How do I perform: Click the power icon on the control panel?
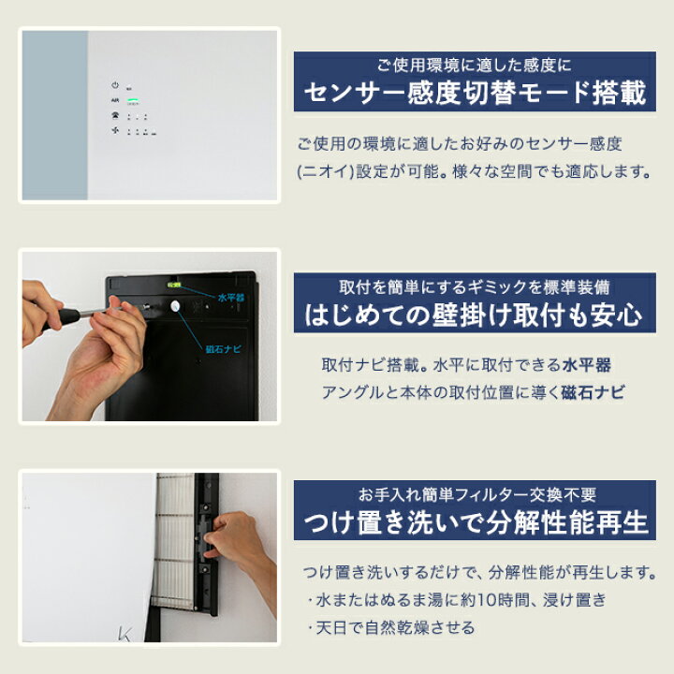(x=114, y=84)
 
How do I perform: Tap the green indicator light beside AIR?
(x=132, y=99)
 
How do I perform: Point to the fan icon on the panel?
(x=114, y=130)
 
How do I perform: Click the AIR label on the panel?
(x=114, y=99)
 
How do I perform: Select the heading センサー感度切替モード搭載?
(x=475, y=94)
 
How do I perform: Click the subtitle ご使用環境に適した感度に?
(x=475, y=66)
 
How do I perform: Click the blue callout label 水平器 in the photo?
(x=229, y=298)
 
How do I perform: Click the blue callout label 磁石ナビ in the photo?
(x=222, y=349)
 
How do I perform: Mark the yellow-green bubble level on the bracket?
(x=174, y=284)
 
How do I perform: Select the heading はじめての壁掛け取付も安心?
(x=475, y=315)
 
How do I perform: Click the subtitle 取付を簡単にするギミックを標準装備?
(x=475, y=288)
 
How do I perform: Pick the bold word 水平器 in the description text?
(x=588, y=364)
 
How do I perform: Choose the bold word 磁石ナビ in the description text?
(x=594, y=392)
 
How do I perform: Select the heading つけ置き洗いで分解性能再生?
(x=475, y=521)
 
